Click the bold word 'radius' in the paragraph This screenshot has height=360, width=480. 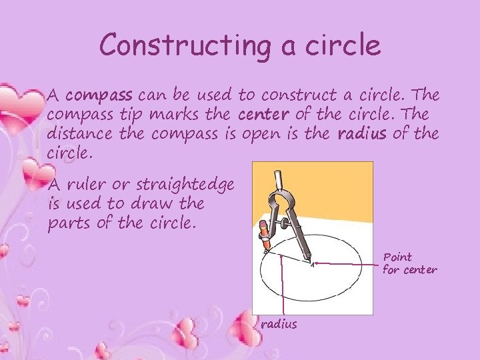[x=361, y=134]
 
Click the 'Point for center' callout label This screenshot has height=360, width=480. [x=409, y=263]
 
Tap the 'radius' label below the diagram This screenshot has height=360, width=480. [x=279, y=324]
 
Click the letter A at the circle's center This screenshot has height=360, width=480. [x=311, y=264]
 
